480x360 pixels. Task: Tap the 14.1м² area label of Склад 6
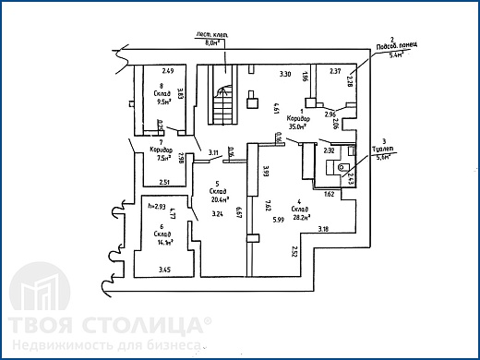click(x=166, y=243)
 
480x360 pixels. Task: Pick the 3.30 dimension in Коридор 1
click(x=285, y=73)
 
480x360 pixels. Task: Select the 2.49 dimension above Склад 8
click(x=168, y=70)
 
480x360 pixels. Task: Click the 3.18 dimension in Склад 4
click(x=323, y=228)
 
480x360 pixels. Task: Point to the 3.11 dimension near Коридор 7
click(x=213, y=151)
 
